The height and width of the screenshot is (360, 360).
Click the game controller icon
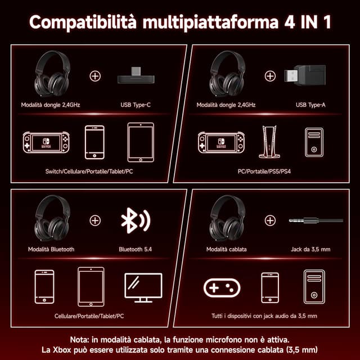click(x=222, y=288)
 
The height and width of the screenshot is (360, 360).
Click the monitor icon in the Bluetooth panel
click(x=143, y=287)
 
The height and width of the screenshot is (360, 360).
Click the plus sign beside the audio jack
click(x=270, y=220)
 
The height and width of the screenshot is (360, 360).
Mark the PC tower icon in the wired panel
click(x=314, y=287)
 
